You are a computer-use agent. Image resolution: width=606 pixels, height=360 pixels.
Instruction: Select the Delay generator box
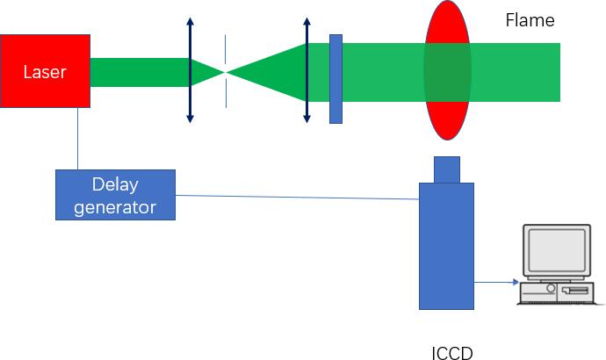[115, 195]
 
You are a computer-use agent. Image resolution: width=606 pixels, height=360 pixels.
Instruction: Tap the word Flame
[530, 19]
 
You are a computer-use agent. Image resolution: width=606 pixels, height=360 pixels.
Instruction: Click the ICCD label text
[452, 354]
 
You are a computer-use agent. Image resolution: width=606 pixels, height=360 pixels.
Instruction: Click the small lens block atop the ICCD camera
[446, 169]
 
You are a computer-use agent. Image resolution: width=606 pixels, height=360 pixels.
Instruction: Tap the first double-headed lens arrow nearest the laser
[190, 70]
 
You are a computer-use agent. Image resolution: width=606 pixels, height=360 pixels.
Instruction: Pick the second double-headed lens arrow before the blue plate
[306, 70]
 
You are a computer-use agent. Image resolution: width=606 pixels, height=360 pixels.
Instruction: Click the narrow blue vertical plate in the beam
[335, 79]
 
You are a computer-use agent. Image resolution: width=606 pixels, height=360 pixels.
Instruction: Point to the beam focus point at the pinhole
[226, 72]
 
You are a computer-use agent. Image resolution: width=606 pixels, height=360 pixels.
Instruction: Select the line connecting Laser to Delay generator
[77, 139]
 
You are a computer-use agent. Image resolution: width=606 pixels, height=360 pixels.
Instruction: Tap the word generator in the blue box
[115, 207]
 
